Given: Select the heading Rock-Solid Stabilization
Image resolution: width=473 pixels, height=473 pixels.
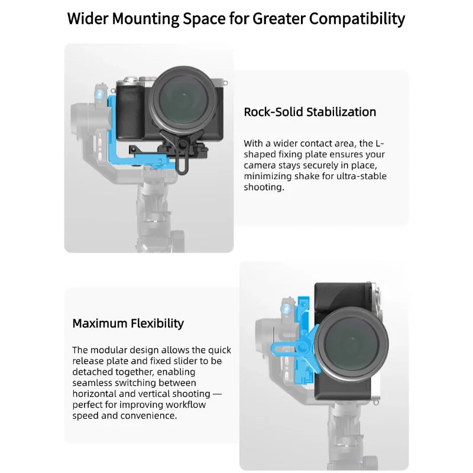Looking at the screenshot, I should pos(310,112).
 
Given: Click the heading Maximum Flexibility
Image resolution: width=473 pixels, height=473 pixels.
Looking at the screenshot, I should pos(128,323).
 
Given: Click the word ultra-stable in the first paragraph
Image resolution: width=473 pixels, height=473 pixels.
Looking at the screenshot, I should pos(361,176).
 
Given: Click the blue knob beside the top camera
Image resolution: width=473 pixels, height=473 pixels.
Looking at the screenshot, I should pos(101,95).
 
